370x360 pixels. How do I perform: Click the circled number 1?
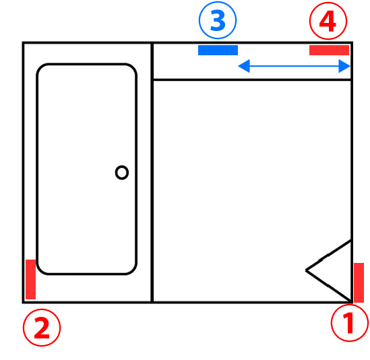pos(350,323)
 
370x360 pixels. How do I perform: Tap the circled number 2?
pos(42,328)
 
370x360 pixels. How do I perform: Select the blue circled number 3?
pos(218,20)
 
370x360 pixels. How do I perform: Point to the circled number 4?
pos(328,21)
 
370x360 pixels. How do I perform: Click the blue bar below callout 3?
pos(218,50)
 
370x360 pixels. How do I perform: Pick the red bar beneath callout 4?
pos(329,50)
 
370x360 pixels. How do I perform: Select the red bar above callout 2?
pos(31,279)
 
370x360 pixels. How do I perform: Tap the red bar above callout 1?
pos(359,282)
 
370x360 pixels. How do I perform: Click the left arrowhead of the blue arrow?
pos(244,66)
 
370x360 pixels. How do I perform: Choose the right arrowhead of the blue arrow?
pos(344,66)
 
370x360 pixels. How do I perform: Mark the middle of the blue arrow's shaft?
pos(294,66)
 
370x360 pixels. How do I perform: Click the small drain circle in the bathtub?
pos(122,173)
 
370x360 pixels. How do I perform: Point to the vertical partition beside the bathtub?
pos(152,173)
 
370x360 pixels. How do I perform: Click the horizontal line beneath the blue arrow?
pos(252,80)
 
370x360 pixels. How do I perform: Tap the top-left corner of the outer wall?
pos(23,42)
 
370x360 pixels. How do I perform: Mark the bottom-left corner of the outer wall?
pos(23,302)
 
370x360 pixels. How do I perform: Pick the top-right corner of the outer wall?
pos(352,42)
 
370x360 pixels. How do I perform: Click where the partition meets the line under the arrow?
pos(152,80)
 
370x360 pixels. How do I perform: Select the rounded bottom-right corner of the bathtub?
pos(133,270)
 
